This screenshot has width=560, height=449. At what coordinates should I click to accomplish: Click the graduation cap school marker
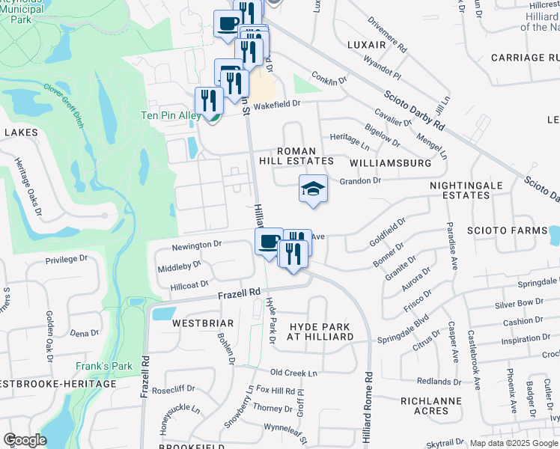[x=313, y=189]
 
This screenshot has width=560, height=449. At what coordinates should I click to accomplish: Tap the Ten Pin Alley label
[x=168, y=115]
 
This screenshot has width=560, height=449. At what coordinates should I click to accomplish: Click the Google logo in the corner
[x=25, y=440]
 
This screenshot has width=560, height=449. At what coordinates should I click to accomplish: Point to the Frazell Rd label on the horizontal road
[x=239, y=292]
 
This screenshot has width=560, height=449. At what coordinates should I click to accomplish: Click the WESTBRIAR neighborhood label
[x=192, y=323]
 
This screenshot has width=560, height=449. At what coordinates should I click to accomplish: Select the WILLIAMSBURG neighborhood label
[x=391, y=162]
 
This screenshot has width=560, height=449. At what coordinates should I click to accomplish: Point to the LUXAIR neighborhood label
[x=367, y=45]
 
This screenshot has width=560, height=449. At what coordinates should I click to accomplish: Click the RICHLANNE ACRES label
[x=430, y=406]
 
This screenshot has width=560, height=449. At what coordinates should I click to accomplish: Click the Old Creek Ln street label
[x=294, y=372]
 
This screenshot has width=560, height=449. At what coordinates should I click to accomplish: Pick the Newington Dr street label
[x=197, y=244]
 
